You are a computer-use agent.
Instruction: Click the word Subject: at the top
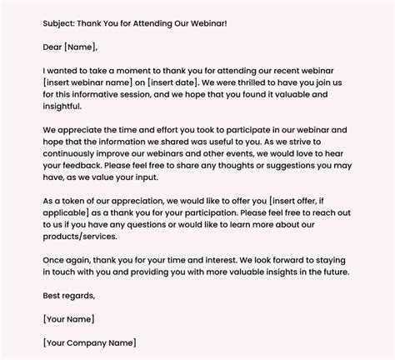tap(62, 22)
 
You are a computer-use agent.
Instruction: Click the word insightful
tap(63, 107)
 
